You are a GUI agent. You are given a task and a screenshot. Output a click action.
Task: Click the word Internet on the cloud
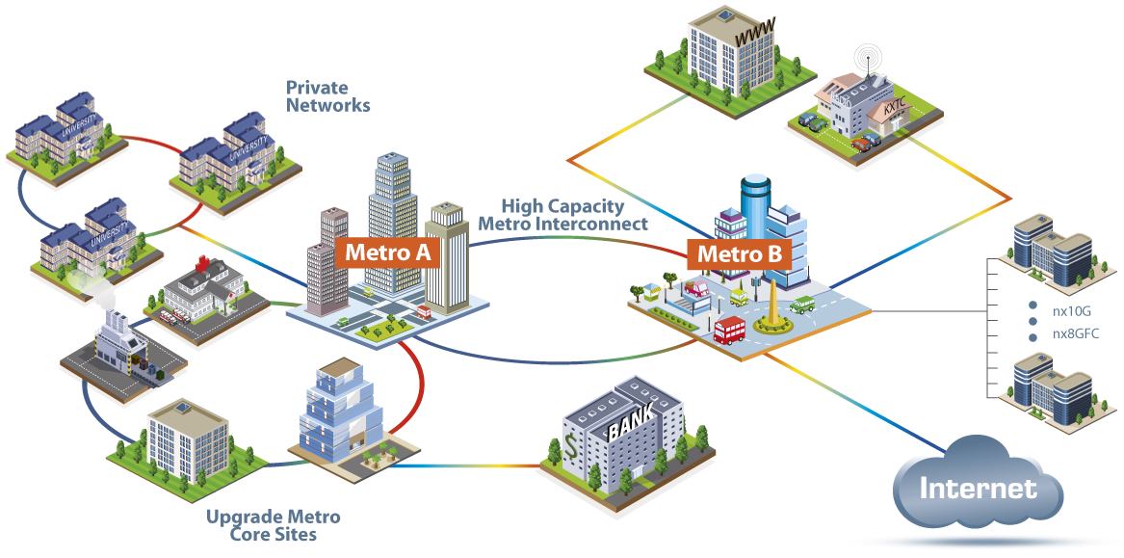click(x=978, y=488)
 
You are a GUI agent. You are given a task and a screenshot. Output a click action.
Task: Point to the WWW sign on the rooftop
click(x=754, y=36)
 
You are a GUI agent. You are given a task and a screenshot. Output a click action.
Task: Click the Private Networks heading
click(x=327, y=96)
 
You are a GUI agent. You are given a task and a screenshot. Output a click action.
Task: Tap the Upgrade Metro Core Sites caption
click(x=274, y=525)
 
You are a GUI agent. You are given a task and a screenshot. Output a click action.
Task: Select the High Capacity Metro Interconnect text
click(x=562, y=214)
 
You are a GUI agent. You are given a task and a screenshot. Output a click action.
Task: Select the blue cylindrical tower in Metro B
click(x=754, y=206)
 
